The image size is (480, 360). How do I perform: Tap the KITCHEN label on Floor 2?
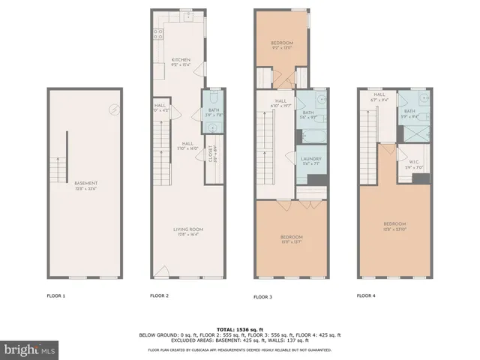pyautogui.click(x=181, y=60)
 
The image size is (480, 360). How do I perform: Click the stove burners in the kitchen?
pyautogui.click(x=159, y=33)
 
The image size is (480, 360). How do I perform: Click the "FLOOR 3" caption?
pyautogui.click(x=262, y=297)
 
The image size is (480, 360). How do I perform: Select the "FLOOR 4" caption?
pyautogui.click(x=366, y=296)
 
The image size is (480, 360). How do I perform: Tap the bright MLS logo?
pyautogui.click(x=30, y=349)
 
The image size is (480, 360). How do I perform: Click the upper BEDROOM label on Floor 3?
pyautogui.click(x=282, y=43)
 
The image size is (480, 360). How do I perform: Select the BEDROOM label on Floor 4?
pyautogui.click(x=394, y=224)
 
